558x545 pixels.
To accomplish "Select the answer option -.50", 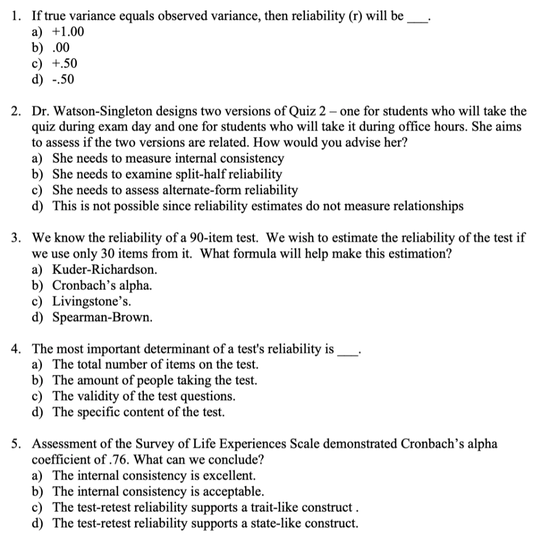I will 64,80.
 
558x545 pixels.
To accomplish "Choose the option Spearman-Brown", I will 102,317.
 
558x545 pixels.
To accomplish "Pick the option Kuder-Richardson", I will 105,269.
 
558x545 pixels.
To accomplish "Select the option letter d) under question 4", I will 38,412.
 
